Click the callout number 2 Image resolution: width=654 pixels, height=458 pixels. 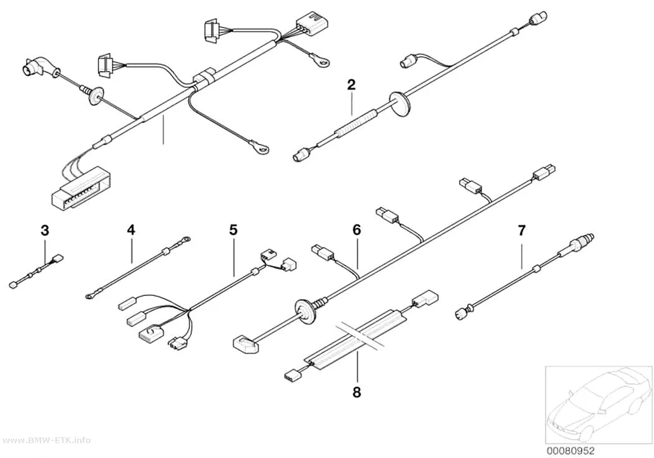[351, 85]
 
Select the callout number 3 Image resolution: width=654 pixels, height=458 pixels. [45, 230]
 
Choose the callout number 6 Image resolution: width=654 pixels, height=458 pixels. [357, 230]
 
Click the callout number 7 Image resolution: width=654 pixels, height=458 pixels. [522, 230]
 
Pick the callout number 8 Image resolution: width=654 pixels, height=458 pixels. [357, 392]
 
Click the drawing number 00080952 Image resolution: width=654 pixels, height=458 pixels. [571, 451]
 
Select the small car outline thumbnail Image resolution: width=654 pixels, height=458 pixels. [599, 404]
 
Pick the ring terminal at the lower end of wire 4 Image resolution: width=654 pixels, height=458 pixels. [89, 297]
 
